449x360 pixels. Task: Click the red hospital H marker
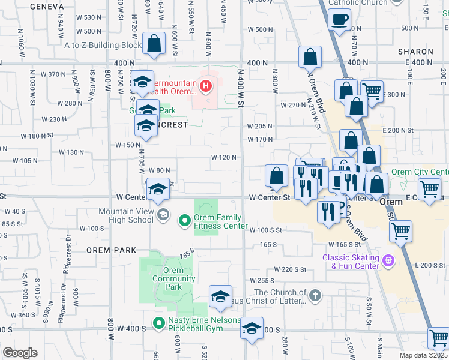coord(206,86)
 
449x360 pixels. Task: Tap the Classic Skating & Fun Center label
coord(351,262)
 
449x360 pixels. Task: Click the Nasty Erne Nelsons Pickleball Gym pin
coord(159,323)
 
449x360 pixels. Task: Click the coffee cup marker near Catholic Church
coord(339,19)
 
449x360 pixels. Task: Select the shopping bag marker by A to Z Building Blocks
coord(154,44)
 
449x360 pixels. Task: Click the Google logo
coord(20,353)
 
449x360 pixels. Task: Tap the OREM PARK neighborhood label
coord(107,249)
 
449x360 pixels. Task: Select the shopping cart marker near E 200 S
coord(400,230)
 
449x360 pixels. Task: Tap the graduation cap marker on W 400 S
coord(252,328)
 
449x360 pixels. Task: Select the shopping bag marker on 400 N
coord(311,58)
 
